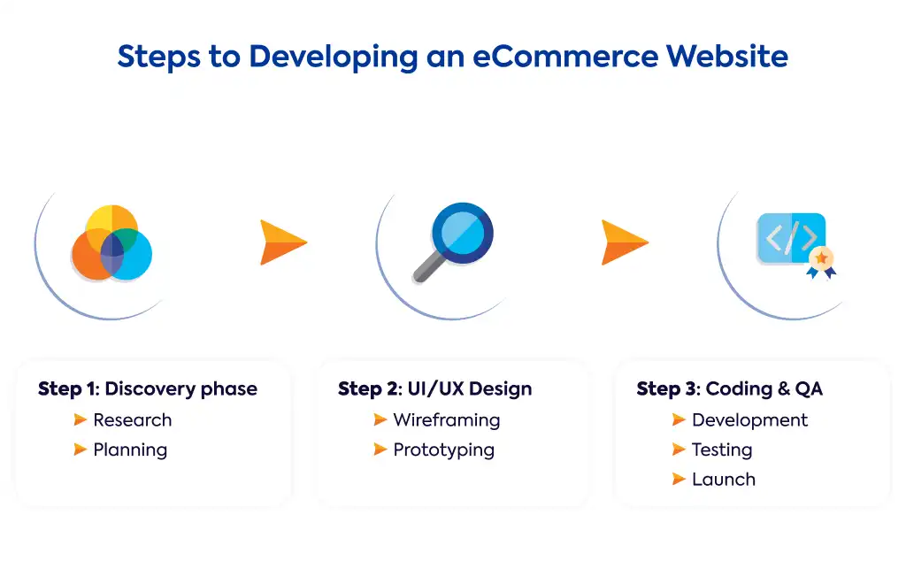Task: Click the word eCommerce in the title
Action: pos(565,57)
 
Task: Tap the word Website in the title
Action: pos(727,57)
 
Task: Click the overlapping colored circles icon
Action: pos(111,243)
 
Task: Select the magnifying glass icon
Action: pos(453,242)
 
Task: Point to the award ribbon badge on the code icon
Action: pos(822,262)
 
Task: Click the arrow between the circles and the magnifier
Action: pos(283,242)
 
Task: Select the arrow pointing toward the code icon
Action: pos(625,242)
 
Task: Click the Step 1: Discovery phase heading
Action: pos(148,389)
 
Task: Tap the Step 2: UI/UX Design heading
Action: pos(434,389)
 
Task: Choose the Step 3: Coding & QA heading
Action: pos(729,389)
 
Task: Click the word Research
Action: pos(133,420)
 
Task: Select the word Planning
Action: pos(130,450)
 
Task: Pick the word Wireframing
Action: pos(447,420)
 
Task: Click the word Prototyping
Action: pos(444,450)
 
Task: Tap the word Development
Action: pos(749,420)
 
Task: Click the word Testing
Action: pos(722,450)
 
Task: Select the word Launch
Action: pos(724,480)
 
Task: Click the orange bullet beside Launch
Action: pos(679,479)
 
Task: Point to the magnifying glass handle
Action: pos(429,267)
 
